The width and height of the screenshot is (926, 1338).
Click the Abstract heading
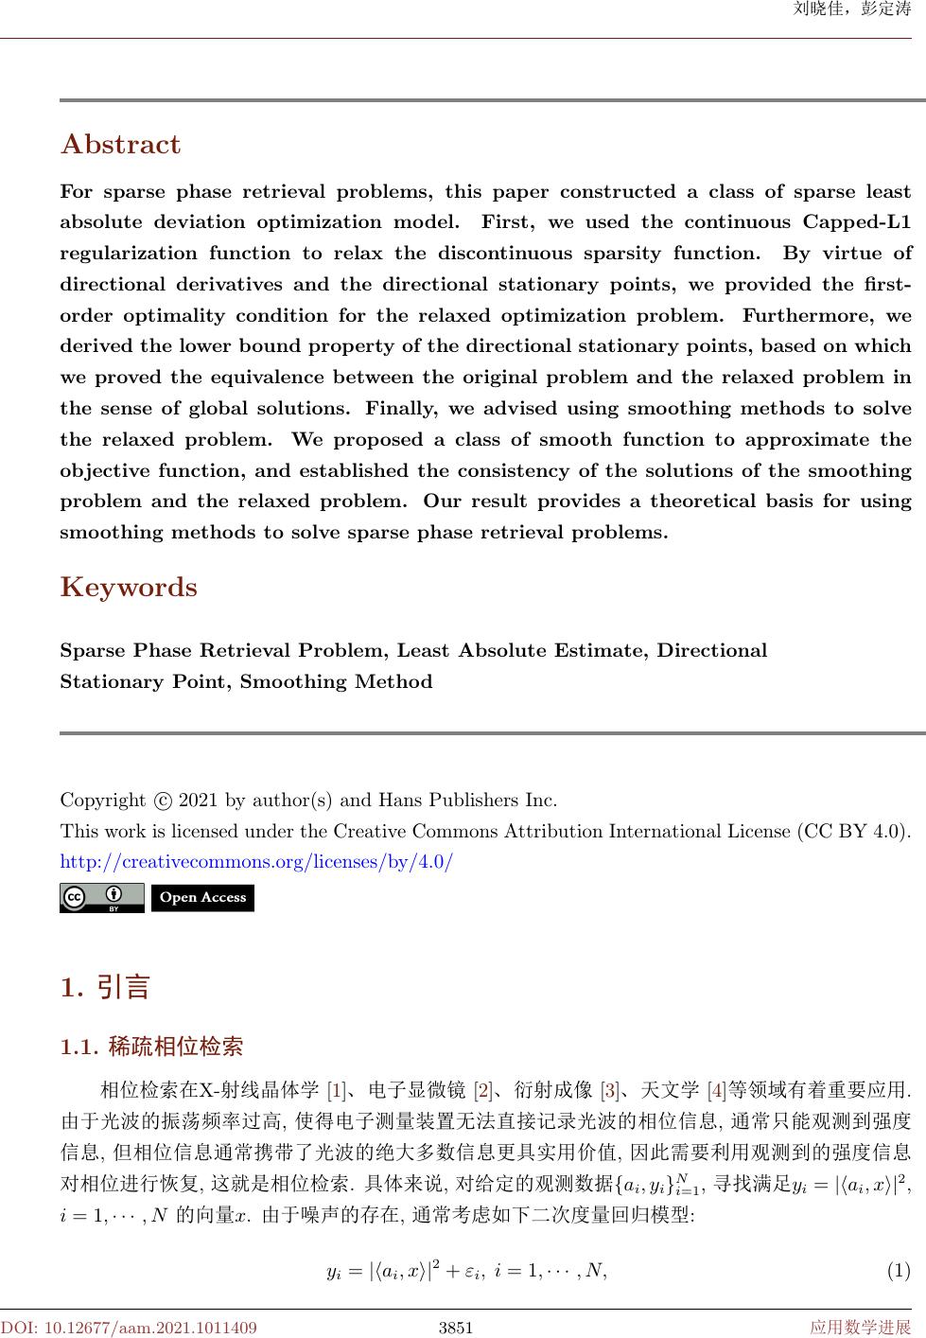(120, 145)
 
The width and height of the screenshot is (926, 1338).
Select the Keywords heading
(129, 588)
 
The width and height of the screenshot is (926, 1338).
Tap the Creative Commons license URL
(256, 863)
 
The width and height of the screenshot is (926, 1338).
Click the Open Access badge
(202, 898)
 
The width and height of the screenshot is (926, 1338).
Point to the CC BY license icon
(101, 898)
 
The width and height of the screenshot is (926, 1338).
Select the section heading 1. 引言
(105, 989)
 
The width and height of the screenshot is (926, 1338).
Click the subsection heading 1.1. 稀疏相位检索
(151, 1047)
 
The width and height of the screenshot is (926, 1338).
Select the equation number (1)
(898, 1270)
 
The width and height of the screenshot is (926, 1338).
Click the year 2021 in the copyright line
(199, 801)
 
